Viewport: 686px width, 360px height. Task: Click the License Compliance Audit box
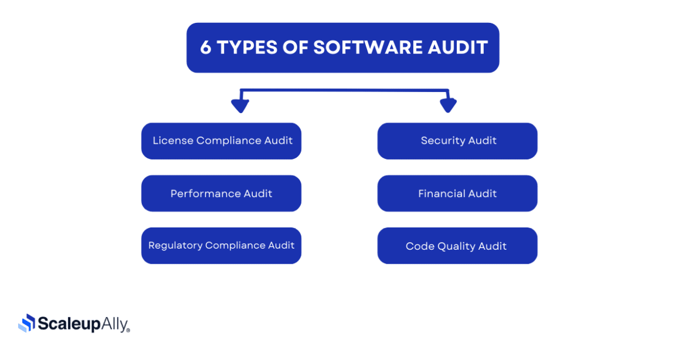pos(222,141)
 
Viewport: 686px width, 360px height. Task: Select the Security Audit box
pos(457,141)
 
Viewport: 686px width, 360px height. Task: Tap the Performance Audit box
pos(222,193)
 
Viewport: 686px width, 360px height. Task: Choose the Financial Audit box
pos(457,193)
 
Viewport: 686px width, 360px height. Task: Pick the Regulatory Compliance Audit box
pos(222,246)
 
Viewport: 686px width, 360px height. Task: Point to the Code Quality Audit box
pos(457,246)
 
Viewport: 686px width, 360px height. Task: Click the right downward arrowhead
pos(448,106)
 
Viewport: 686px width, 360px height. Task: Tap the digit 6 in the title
pos(206,47)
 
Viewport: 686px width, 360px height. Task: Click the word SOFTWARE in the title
pos(368,47)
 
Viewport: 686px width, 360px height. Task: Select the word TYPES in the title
pos(247,47)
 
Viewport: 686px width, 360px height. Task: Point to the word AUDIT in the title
pos(457,47)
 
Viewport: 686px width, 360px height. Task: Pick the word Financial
pos(435,193)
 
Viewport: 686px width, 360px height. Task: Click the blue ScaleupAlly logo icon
pos(27,323)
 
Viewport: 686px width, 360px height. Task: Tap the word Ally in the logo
pos(115,324)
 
